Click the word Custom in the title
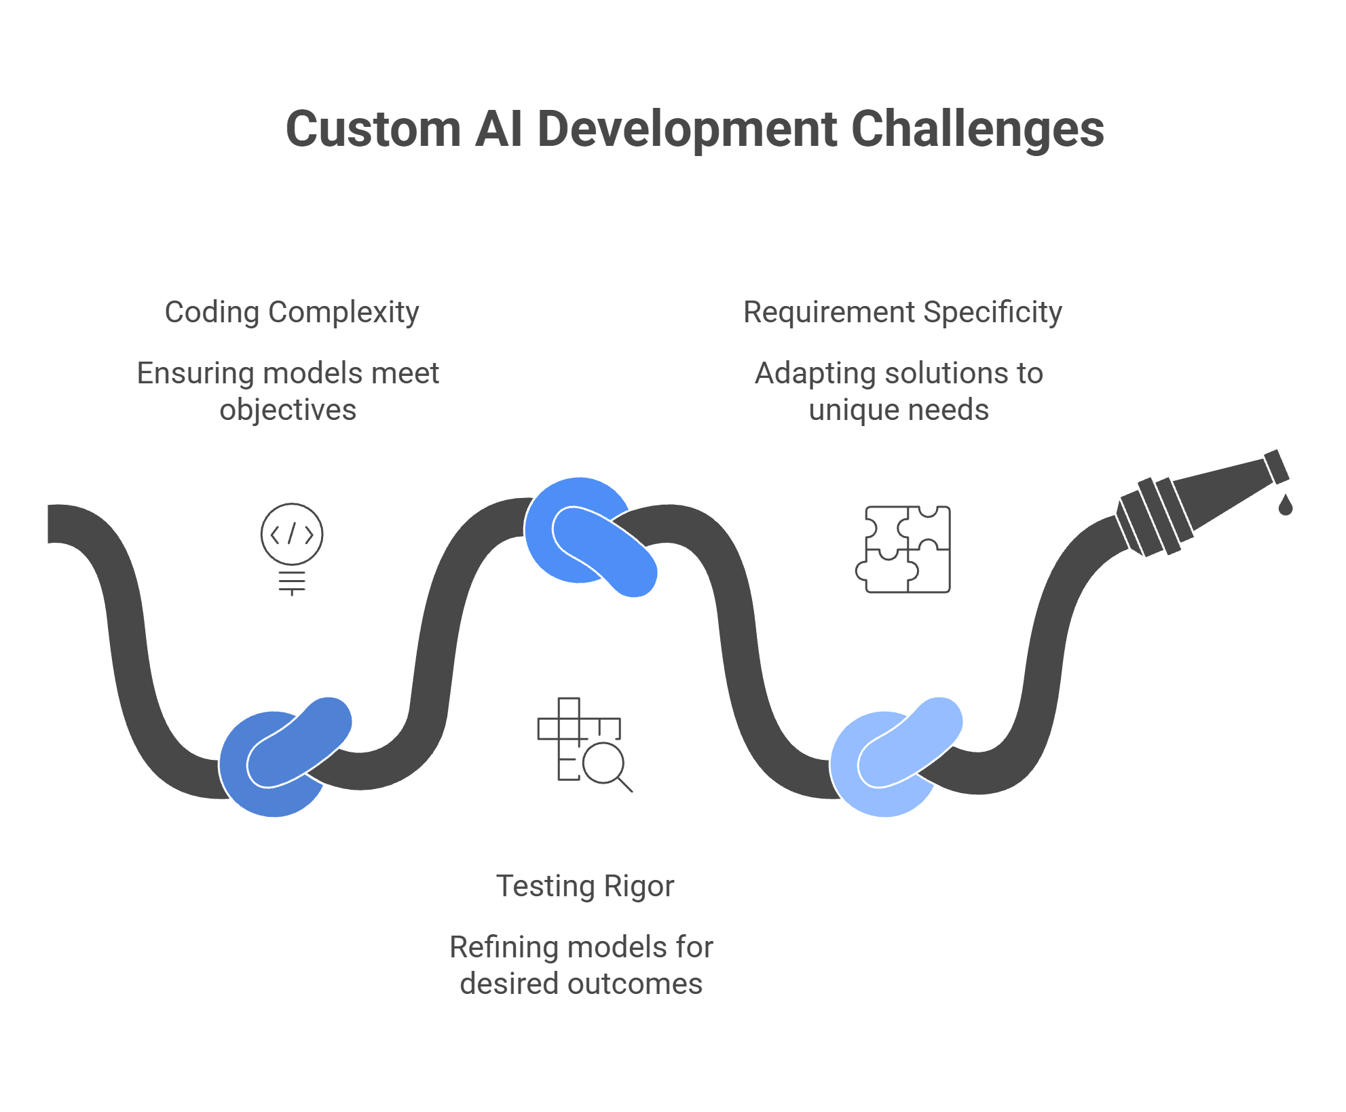coord(373,128)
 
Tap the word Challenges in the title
coord(977,128)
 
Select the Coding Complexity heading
coord(292,313)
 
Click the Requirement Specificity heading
coord(902,313)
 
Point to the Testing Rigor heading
coord(585,886)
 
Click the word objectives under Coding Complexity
coord(288,410)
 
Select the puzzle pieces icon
coord(903,550)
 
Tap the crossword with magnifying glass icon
coord(584,745)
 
